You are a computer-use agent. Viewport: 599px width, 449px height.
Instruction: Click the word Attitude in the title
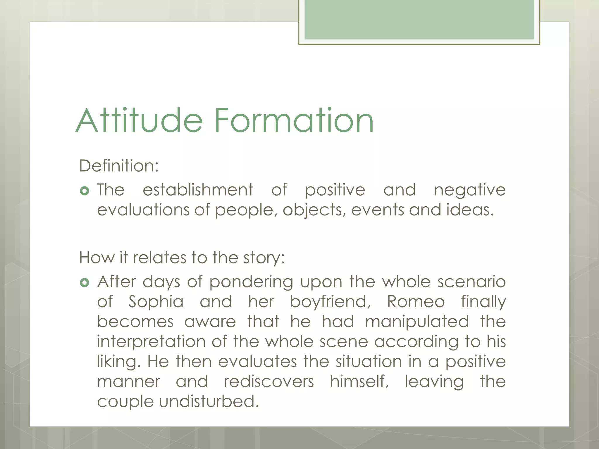pos(139,120)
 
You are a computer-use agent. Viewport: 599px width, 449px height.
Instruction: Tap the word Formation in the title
pos(294,120)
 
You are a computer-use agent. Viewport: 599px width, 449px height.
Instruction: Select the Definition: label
pos(119,166)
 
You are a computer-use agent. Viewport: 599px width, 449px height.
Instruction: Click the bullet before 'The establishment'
pos(84,191)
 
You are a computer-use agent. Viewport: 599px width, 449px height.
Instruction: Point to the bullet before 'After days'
pos(84,283)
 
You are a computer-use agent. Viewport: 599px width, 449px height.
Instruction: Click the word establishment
pos(198,190)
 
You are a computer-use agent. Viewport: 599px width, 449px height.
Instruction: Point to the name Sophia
pos(156,302)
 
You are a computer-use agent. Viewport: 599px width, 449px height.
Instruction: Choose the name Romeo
pos(416,302)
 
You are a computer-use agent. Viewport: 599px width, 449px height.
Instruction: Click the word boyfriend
pos(330,302)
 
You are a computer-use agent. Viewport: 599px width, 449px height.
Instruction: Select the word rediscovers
pos(269,382)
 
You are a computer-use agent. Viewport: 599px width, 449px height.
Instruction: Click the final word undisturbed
pos(209,401)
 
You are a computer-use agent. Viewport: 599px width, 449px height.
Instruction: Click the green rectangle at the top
pos(419,19)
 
